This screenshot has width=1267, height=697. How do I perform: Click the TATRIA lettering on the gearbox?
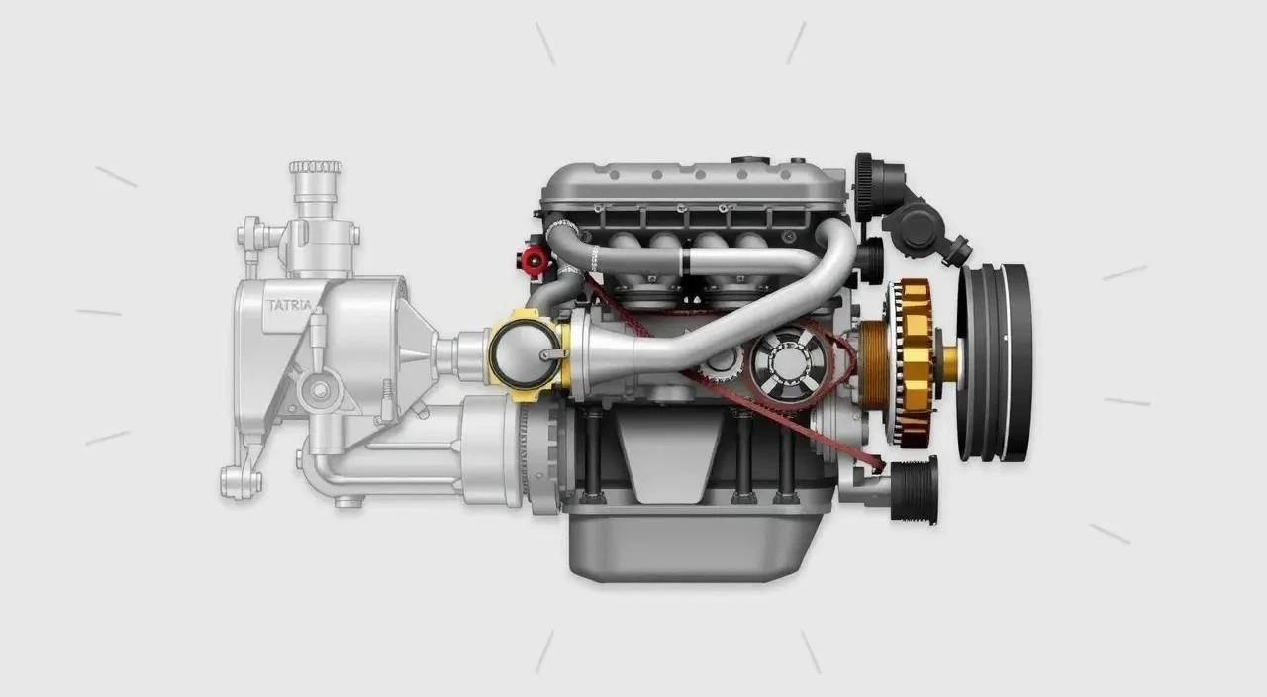point(290,306)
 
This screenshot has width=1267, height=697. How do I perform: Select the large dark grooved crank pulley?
point(997,363)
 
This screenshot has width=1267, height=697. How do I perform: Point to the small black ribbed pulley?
point(914,490)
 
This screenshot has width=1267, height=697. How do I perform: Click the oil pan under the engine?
point(695,545)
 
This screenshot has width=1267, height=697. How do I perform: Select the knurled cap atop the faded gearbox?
point(315,167)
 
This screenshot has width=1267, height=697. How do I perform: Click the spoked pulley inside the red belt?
point(789,363)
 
